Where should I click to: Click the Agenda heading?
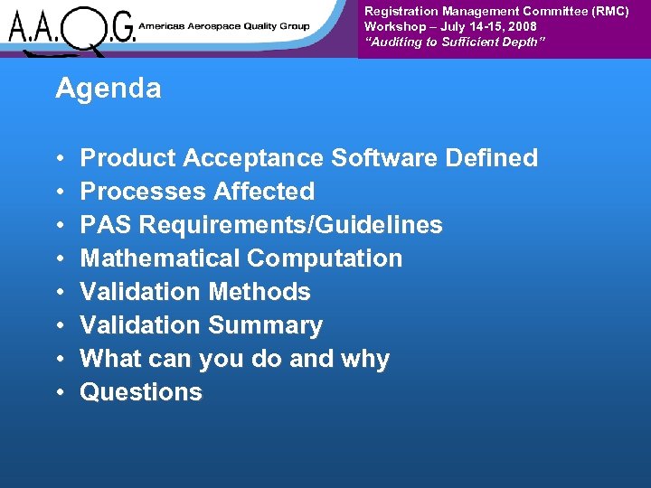pos(108,89)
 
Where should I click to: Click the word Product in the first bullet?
pos(128,158)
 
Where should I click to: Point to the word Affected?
pos(265,192)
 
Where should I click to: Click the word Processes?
pos(144,192)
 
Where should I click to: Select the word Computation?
pos(325,258)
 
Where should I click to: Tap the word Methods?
pos(259,292)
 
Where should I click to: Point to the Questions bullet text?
pos(141,392)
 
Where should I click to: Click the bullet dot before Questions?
pos(59,393)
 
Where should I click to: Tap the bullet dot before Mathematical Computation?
pos(59,259)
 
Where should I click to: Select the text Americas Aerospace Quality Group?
pos(225,26)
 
